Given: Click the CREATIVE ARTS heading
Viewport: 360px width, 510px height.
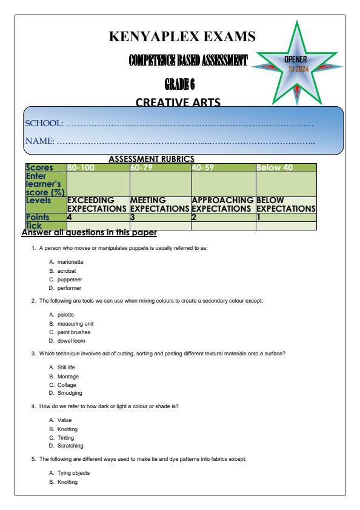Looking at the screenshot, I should pos(179,102).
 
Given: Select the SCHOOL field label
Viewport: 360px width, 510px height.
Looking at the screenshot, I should pos(44,124).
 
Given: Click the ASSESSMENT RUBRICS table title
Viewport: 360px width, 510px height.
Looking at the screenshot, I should pos(150,159).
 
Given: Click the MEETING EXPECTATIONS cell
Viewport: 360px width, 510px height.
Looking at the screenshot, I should pos(160,204).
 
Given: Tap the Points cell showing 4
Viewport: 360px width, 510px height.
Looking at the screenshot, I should pos(69,216).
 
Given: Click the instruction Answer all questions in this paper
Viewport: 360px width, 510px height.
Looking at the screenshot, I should pos(88,233).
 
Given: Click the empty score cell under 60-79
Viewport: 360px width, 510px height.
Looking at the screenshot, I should pos(160,184).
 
